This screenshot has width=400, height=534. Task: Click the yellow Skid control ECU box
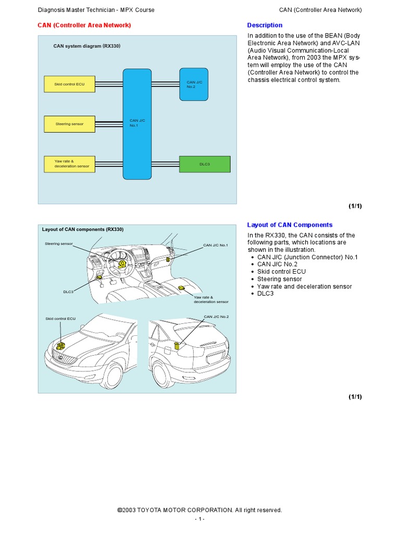[69, 84]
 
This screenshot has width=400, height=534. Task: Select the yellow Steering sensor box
[69, 124]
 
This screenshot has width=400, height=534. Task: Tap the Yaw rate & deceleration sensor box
[69, 164]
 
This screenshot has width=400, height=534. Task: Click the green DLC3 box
[205, 164]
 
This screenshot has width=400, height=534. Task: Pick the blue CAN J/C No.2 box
[194, 84]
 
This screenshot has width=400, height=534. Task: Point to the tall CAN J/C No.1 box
[137, 123]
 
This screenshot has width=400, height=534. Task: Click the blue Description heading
[265, 25]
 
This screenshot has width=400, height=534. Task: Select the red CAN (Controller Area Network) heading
[84, 25]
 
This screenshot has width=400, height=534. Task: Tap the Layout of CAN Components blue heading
[289, 225]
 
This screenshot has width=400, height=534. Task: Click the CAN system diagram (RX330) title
[87, 46]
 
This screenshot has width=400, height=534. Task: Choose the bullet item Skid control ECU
[281, 272]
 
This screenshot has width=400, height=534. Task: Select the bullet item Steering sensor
[279, 279]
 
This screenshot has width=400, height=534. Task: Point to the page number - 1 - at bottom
[200, 519]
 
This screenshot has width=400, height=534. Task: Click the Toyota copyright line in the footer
[200, 510]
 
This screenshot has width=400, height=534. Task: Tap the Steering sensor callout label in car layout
[59, 244]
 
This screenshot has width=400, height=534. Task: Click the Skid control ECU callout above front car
[60, 318]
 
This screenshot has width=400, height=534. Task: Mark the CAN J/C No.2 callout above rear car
[216, 317]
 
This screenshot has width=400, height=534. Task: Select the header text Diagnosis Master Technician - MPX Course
[96, 10]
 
